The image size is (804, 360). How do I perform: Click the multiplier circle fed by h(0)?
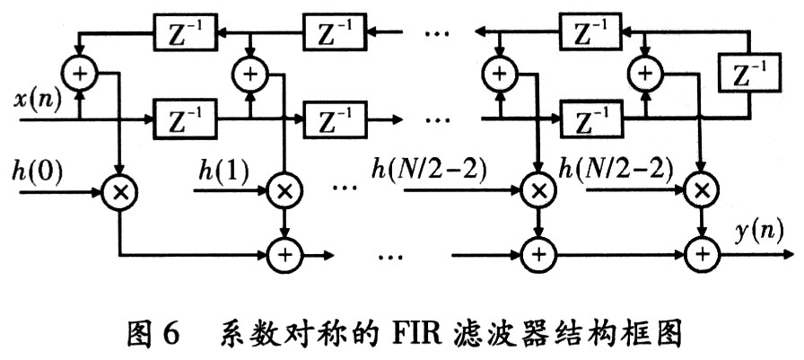[118, 191]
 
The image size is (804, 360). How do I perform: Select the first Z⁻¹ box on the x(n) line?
[183, 118]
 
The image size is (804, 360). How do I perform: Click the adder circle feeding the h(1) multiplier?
[250, 73]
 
